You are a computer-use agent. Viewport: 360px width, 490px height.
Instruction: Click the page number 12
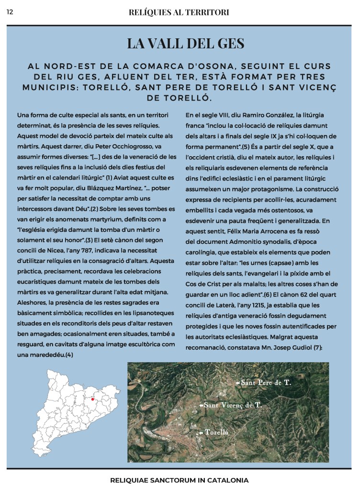(10, 11)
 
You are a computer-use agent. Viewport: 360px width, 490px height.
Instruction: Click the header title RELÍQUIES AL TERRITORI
(179, 11)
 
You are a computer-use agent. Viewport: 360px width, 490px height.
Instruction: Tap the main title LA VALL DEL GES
(180, 44)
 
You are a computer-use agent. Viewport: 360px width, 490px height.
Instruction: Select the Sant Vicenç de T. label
(233, 405)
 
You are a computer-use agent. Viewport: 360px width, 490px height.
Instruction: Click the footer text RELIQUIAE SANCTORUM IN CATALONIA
(180, 479)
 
